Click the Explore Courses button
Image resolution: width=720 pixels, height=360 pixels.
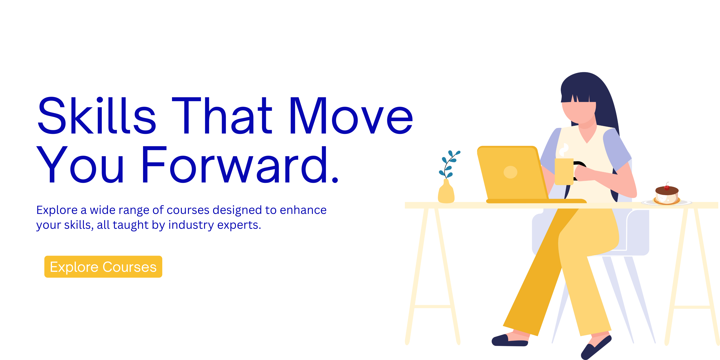[103, 267]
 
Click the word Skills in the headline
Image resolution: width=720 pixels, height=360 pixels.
[97, 115]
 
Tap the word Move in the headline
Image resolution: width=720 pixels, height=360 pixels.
[351, 115]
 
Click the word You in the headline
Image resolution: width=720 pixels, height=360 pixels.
[80, 164]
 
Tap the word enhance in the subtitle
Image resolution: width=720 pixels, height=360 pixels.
[303, 210]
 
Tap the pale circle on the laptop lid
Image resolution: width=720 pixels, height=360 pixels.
[510, 172]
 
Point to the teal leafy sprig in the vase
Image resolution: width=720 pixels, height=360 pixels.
[449, 165]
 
